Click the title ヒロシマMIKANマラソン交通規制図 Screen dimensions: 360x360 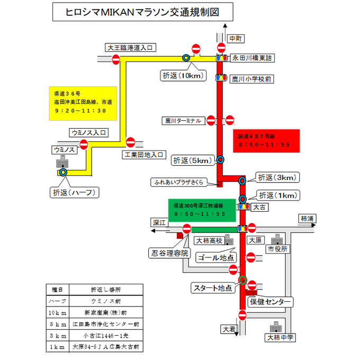136,11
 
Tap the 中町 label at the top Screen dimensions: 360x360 235,39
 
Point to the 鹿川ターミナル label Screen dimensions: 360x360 182,121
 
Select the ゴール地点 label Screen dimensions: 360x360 215,257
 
